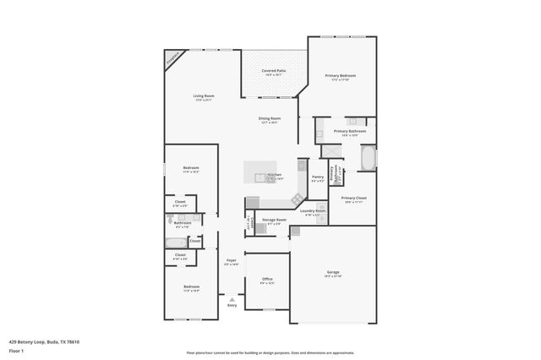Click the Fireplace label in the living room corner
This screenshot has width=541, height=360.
click(x=172, y=60)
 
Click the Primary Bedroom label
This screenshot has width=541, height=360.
click(x=341, y=76)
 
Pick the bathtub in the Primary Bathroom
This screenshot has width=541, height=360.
click(x=369, y=158)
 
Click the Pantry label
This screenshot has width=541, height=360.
click(x=318, y=177)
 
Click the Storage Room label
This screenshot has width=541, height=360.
click(x=274, y=221)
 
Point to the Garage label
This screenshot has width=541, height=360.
click(x=333, y=272)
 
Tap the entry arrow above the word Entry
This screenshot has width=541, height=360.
click(x=231, y=299)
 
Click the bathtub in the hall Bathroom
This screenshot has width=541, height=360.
click(x=176, y=241)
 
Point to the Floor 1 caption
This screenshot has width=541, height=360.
click(x=16, y=350)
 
